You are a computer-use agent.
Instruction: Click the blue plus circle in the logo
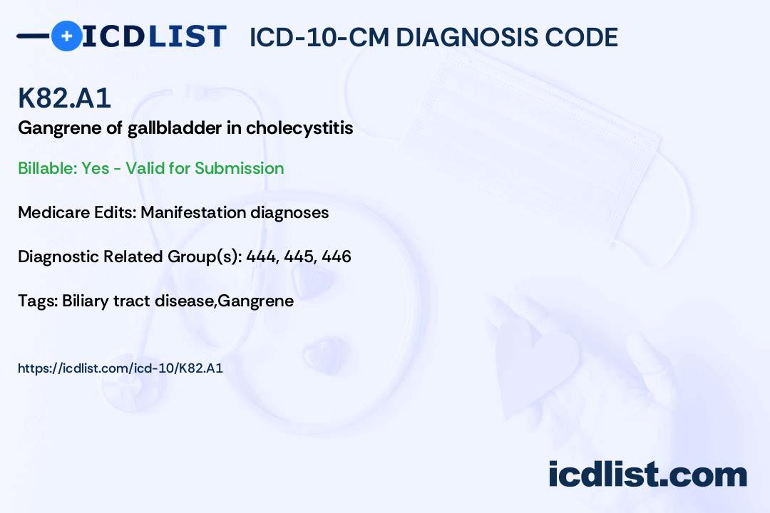[x=66, y=36]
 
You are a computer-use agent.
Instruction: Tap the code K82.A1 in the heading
[x=64, y=98]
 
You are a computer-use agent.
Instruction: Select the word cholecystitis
[x=299, y=128]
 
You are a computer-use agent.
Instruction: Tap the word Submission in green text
[x=239, y=168]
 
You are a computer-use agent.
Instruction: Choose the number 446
[x=337, y=256]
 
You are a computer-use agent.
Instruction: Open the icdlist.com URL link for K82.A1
[x=120, y=368]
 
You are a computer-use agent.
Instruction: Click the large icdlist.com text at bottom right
[x=647, y=474]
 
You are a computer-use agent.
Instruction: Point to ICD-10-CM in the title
[x=319, y=37]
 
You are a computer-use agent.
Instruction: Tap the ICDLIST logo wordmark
[x=154, y=36]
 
